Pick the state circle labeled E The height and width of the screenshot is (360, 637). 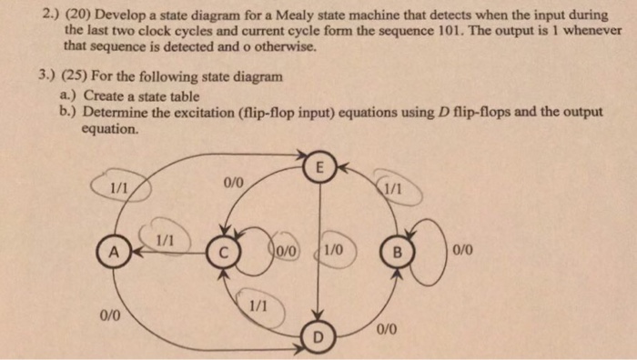click(318, 168)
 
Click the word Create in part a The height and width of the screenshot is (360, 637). click(104, 94)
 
